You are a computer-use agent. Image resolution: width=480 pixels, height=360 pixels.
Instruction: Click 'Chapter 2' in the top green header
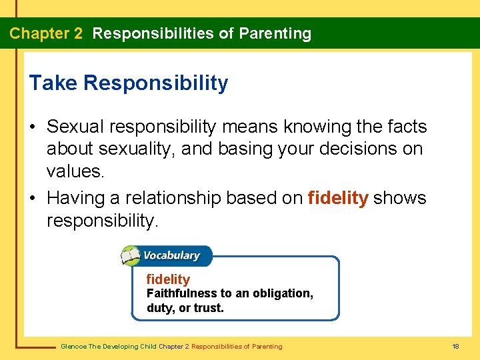pos(46,33)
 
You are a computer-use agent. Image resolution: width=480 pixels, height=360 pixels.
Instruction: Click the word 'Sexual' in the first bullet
pos(77,127)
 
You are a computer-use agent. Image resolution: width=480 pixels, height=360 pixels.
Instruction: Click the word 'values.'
pos(75,171)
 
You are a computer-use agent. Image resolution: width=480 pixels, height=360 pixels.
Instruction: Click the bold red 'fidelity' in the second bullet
pos(338,198)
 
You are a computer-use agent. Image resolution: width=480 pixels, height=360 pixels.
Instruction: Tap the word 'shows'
pos(399,198)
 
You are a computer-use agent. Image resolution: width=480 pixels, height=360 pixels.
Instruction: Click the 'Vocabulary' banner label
pos(171,255)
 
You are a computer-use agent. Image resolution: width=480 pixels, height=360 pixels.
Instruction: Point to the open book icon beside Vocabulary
pos(130,255)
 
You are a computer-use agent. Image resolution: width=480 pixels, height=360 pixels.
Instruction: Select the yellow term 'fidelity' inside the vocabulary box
pos(168,279)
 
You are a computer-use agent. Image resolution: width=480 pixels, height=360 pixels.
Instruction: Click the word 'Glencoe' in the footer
pos(73,347)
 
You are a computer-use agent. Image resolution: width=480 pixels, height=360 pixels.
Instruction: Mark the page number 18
pos(455,347)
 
